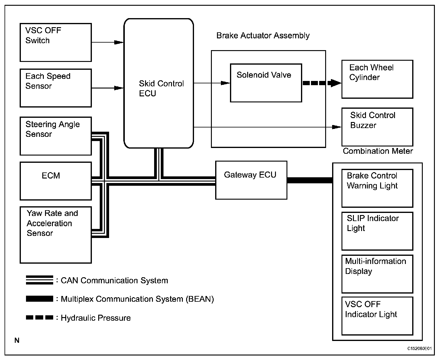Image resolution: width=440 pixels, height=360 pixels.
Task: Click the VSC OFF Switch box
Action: click(x=56, y=42)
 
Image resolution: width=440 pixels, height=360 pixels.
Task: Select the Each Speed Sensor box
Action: click(x=56, y=88)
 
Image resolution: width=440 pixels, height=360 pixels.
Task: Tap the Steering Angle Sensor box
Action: click(x=56, y=136)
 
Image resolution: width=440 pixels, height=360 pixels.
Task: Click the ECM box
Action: click(x=56, y=181)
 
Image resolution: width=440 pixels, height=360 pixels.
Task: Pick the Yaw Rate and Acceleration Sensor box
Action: click(x=56, y=235)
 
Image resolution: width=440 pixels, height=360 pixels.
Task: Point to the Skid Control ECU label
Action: click(x=161, y=88)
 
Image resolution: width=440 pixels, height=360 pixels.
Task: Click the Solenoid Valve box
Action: click(x=266, y=83)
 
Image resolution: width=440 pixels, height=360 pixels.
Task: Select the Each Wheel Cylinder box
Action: click(x=377, y=79)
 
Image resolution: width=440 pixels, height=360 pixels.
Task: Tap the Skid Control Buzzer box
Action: click(x=377, y=127)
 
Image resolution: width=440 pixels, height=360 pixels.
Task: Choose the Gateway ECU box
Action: click(x=251, y=180)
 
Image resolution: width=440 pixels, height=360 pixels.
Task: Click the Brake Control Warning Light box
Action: click(x=377, y=188)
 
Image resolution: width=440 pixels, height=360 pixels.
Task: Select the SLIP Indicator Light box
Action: click(x=377, y=231)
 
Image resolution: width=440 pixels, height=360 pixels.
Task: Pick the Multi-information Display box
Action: click(x=377, y=274)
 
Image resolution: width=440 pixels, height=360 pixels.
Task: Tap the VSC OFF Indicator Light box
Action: click(x=377, y=316)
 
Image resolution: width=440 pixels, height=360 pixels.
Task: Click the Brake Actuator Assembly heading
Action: click(x=263, y=36)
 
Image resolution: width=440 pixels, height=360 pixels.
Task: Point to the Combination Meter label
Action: click(x=378, y=151)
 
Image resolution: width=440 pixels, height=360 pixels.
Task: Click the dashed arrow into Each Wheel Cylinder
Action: click(x=322, y=83)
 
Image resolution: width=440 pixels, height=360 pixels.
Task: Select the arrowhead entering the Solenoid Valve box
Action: click(x=225, y=83)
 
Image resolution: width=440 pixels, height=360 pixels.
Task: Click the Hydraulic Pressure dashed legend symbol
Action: click(x=39, y=317)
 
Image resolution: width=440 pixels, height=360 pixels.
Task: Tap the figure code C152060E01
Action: click(x=419, y=349)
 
